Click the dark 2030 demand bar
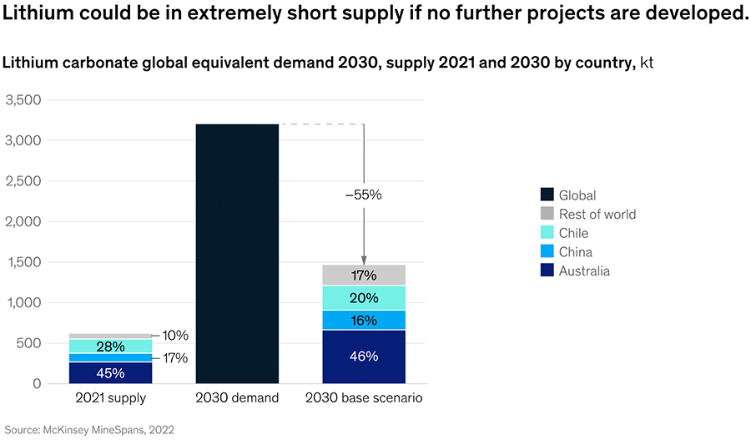[237, 254]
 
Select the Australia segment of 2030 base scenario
[364, 357]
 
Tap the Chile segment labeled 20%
[364, 298]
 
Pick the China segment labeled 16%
[364, 320]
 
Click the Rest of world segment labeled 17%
[364, 275]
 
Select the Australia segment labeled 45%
[110, 372]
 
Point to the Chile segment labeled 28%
[110, 346]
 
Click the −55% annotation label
[363, 195]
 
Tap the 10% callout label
[176, 336]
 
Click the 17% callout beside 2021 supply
[176, 358]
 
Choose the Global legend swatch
[547, 195]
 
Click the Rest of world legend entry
[597, 215]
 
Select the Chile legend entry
[573, 233]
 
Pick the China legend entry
[575, 252]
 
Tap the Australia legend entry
[584, 271]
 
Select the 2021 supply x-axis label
[110, 398]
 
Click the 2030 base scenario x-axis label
[364, 398]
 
